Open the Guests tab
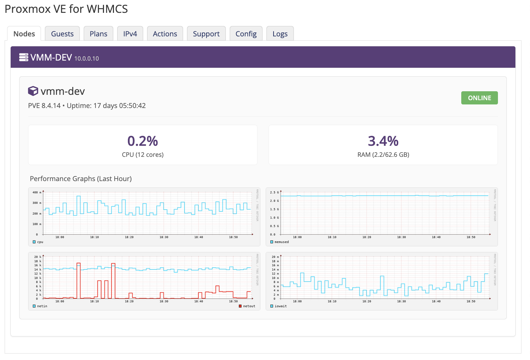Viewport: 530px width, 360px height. pos(62,34)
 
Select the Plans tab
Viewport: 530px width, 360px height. pos(98,34)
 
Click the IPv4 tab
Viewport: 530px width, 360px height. pos(130,34)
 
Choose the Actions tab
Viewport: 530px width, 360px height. pos(165,34)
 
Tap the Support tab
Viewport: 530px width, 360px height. pos(206,34)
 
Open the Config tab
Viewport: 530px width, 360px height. pos(246,34)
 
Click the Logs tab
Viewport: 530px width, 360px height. pos(280,34)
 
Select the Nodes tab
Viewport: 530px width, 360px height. pos(24,34)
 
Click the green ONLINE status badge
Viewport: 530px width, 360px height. pos(479,98)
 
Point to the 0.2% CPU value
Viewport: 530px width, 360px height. pos(142,141)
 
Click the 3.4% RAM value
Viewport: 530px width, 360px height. pos(383,141)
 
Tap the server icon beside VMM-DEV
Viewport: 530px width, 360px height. pos(24,57)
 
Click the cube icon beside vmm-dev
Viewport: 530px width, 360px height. pos(33,91)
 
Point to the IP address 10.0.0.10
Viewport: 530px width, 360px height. pos(87,58)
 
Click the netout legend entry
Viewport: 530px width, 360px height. pos(247,306)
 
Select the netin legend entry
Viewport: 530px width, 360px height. pos(40,306)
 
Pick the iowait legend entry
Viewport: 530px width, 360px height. pos(279,306)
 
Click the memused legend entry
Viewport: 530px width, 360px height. pos(280,242)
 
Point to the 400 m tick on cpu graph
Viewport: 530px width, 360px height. pos(37,192)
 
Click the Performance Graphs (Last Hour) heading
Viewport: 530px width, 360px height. pos(81,179)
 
